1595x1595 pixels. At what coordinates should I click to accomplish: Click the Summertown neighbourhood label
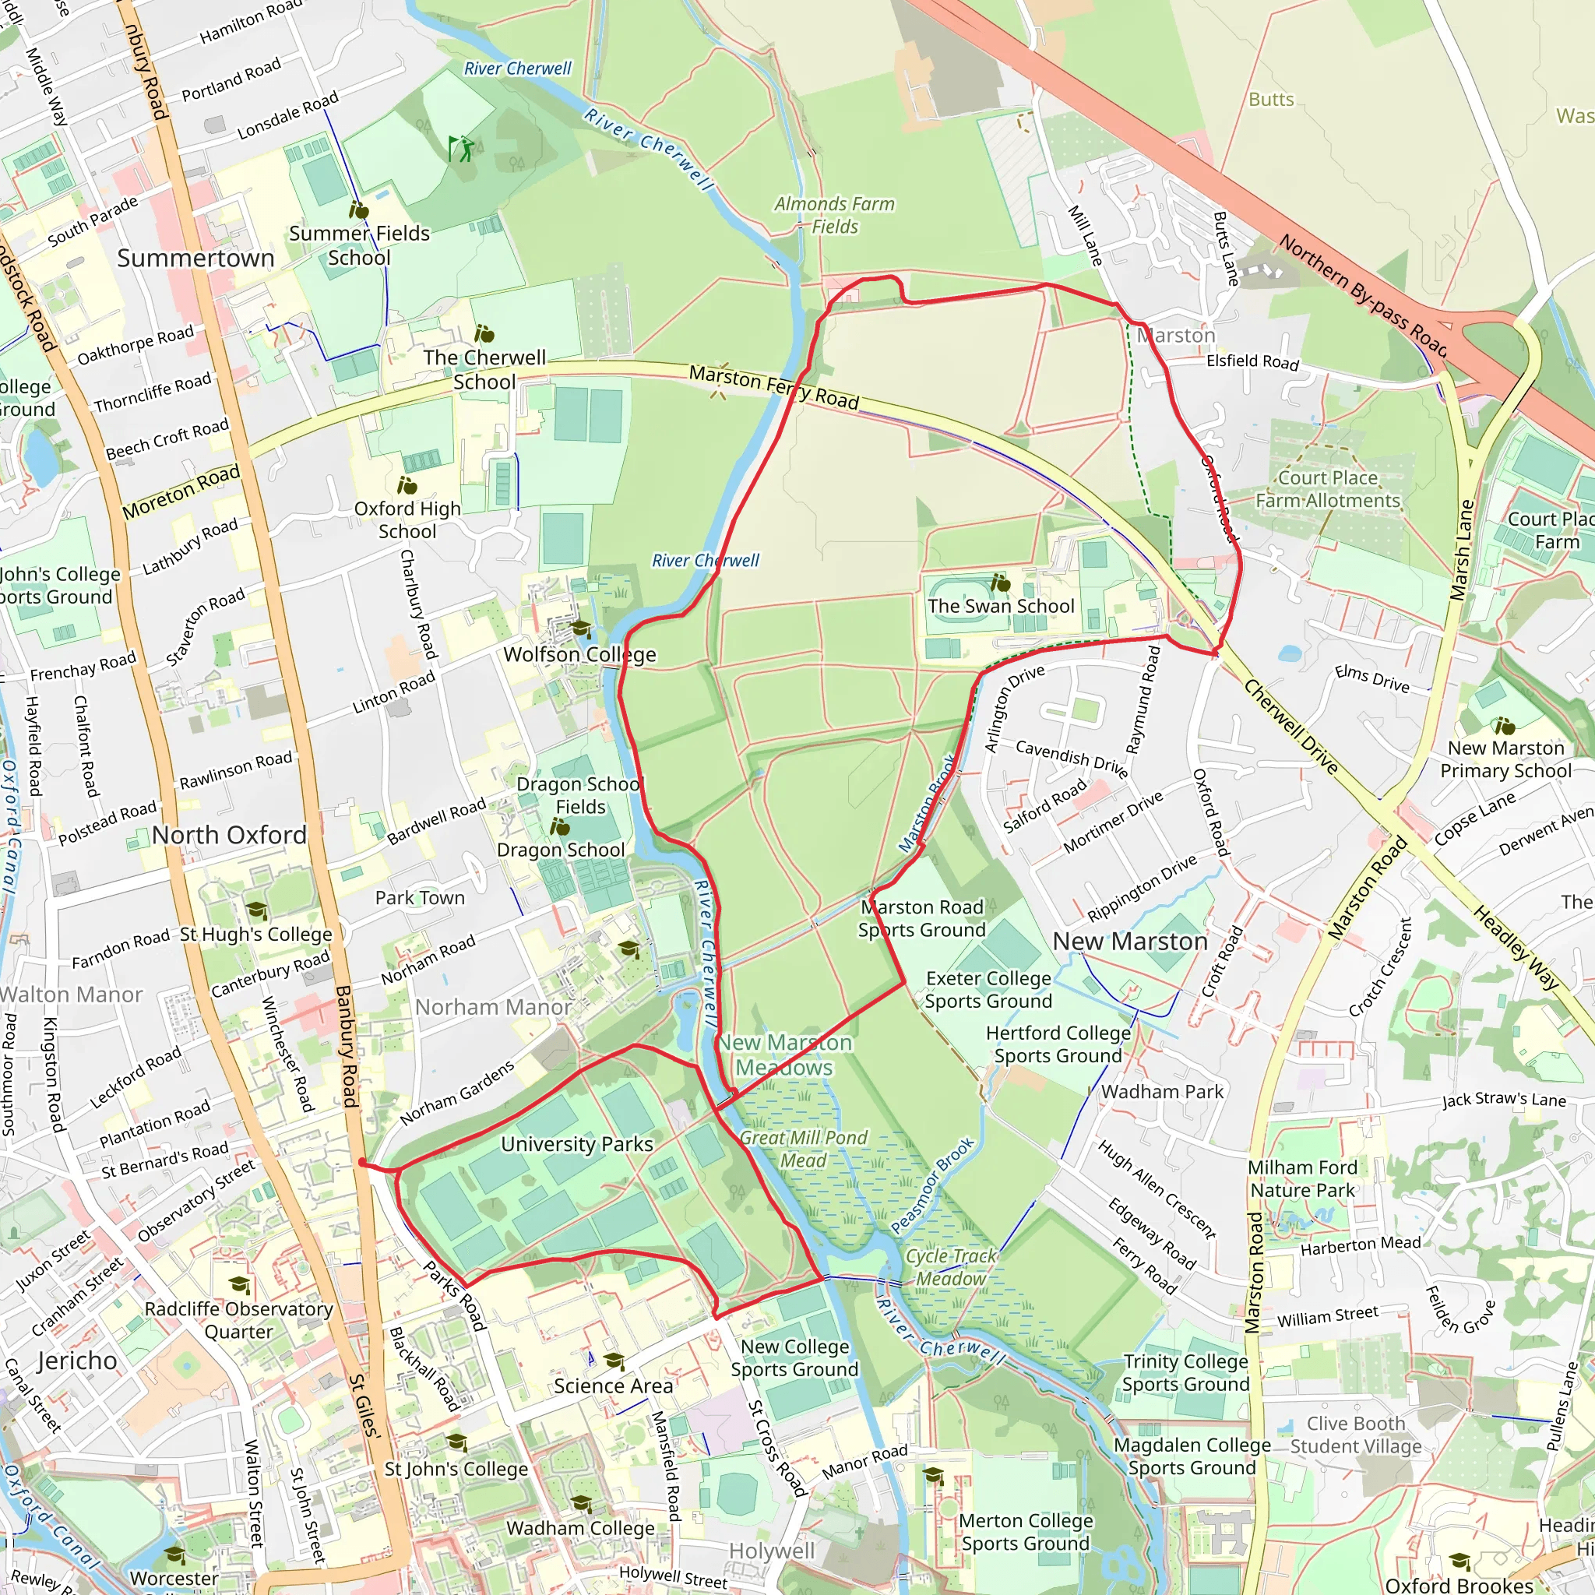[195, 259]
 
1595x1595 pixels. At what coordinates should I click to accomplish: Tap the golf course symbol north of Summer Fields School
[462, 148]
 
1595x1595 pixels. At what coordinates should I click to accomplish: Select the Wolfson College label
[579, 655]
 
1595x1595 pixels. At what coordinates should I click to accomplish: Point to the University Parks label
[577, 1144]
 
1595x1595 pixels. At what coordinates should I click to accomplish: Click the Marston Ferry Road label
[773, 388]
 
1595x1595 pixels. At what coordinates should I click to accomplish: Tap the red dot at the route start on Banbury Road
[362, 1163]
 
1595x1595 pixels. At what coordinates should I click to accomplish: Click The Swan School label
[1001, 606]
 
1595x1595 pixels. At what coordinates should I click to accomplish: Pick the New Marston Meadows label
[784, 1055]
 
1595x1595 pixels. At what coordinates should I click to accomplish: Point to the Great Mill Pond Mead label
[803, 1150]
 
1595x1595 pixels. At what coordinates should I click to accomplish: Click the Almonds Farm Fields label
[834, 215]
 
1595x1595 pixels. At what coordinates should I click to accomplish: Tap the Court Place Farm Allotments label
[1328, 490]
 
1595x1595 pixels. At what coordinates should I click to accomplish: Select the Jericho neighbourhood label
[78, 1361]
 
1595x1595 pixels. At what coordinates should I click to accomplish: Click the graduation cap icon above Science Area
[614, 1361]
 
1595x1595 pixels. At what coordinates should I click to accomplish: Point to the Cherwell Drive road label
[1290, 727]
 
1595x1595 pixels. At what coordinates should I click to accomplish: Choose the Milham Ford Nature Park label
[1302, 1179]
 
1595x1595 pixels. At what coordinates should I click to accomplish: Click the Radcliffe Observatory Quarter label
[238, 1320]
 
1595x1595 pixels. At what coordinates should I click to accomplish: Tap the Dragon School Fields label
[579, 796]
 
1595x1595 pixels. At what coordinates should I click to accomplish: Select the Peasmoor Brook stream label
[933, 1186]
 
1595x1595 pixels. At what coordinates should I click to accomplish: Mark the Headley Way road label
[1516, 948]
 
